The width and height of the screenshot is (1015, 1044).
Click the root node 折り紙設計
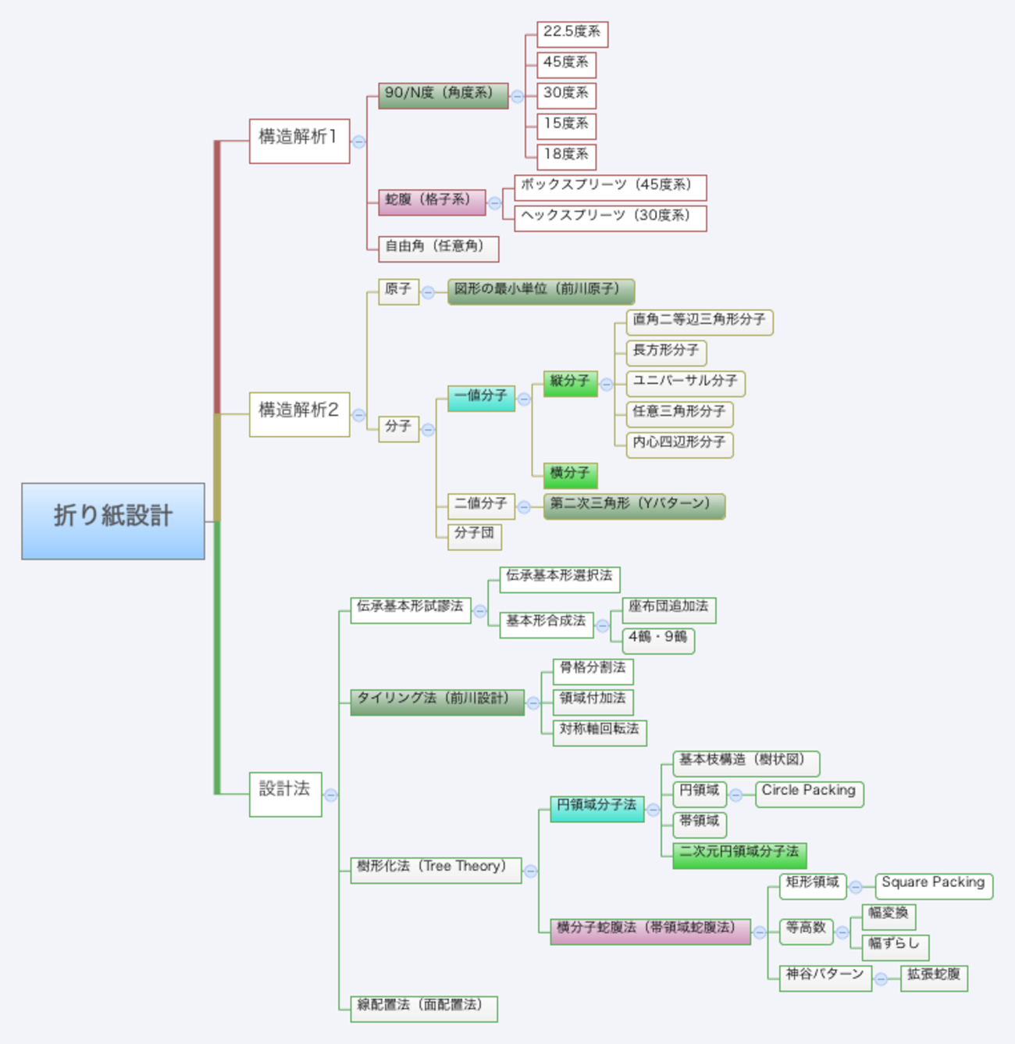tap(113, 520)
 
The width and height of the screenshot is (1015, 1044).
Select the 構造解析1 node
tap(299, 141)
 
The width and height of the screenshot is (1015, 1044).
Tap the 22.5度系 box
tap(572, 34)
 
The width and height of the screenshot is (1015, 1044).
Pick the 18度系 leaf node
tap(566, 156)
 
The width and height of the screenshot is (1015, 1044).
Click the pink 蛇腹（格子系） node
tap(432, 202)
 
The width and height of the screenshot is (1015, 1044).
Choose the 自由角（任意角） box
tap(438, 248)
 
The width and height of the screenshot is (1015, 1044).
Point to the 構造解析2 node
tap(299, 414)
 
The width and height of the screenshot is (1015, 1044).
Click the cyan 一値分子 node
tap(481, 398)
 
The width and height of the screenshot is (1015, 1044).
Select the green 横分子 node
tap(570, 475)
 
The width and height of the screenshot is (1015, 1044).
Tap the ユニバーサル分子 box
tap(685, 383)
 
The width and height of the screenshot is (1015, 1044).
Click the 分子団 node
tap(475, 537)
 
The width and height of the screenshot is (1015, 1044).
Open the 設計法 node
tap(285, 794)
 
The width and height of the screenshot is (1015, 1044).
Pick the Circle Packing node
tap(809, 793)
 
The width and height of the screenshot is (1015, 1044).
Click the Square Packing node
tap(933, 885)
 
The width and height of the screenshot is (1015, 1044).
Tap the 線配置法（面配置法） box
tap(423, 1008)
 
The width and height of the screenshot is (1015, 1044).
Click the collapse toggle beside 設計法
tap(331, 795)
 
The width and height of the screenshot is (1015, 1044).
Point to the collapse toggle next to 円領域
tap(735, 795)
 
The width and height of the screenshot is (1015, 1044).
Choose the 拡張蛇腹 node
tap(934, 978)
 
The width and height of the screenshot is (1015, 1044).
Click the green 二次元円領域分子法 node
tap(739, 855)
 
